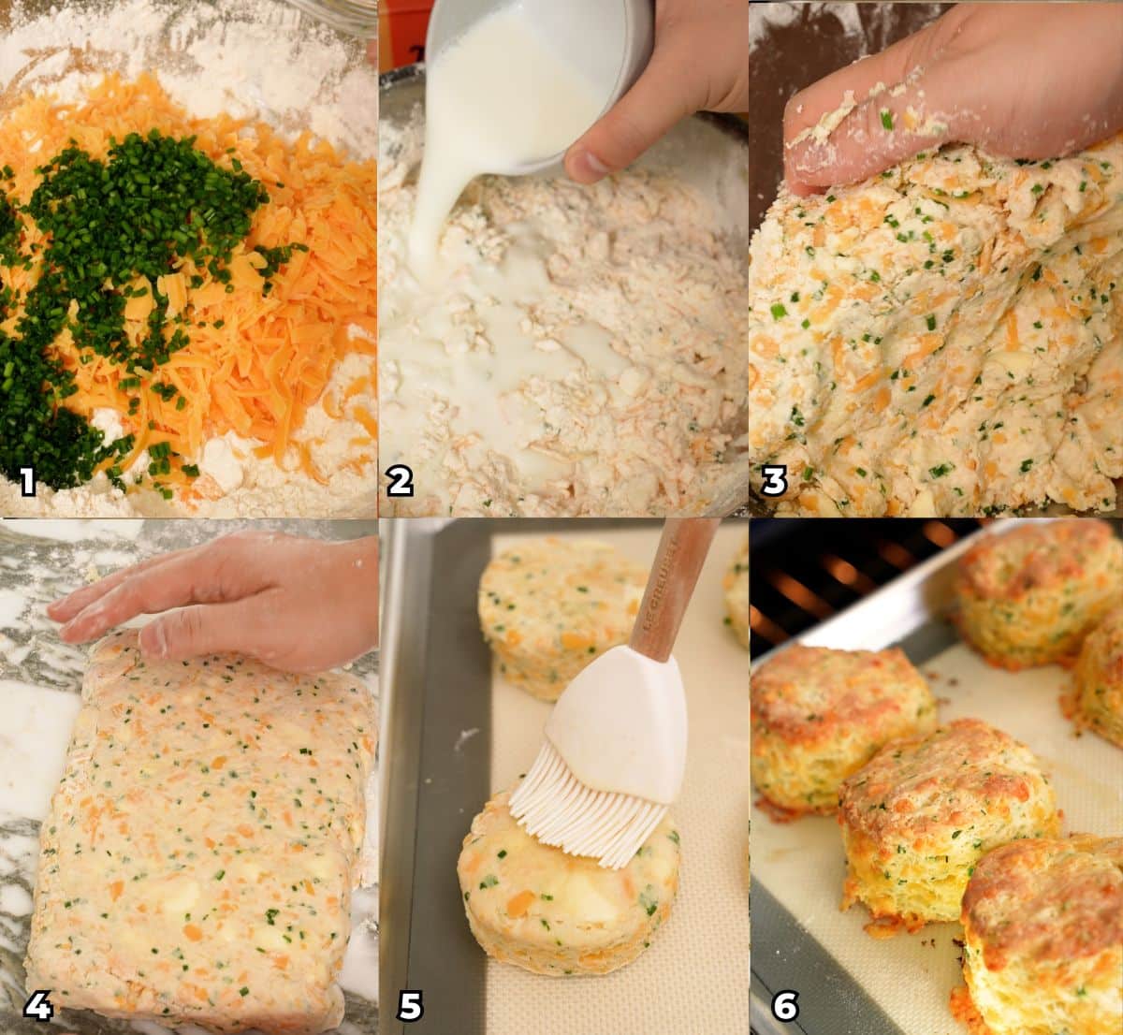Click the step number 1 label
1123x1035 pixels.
coord(27,481)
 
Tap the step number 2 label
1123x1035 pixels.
coord(400,481)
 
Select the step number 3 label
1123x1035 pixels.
coord(774,481)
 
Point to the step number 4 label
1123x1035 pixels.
coord(37,1006)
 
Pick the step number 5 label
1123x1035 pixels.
coord(410,1006)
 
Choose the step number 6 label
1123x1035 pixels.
coord(785,1006)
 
